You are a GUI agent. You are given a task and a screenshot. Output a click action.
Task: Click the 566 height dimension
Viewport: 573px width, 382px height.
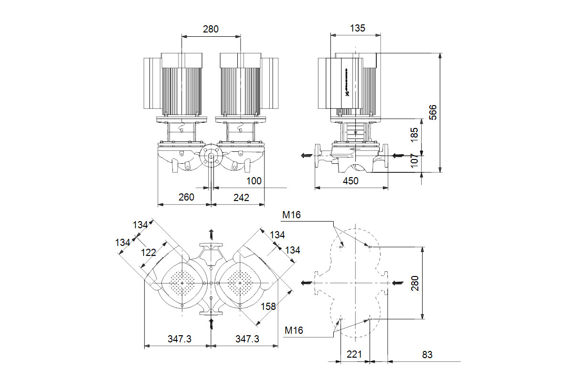433,113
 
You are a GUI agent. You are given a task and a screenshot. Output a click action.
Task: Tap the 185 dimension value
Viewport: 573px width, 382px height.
414,136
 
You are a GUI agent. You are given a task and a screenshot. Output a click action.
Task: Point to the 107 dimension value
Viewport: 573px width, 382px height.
414,162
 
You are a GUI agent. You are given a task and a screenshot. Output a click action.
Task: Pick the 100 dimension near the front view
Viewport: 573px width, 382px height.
254,181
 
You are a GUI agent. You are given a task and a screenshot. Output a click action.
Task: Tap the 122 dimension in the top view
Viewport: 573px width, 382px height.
149,253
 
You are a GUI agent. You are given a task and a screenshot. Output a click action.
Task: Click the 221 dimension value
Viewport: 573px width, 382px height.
354,355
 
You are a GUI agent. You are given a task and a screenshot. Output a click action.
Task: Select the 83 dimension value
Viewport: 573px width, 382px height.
427,355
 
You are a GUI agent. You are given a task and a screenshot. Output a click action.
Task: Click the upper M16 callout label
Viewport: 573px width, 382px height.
291,215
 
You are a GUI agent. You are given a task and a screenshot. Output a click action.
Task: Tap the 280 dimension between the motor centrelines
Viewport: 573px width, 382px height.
211,29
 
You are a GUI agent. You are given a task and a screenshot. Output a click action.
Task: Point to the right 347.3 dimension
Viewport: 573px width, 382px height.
247,339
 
